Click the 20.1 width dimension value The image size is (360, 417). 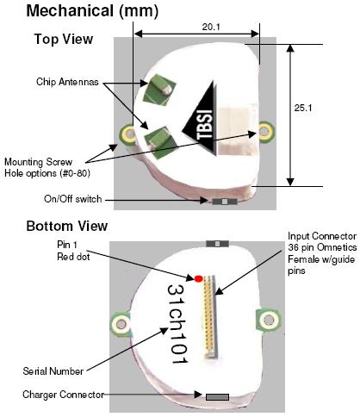point(211,27)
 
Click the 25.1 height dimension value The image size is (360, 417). point(303,108)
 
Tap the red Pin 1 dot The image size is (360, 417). point(198,278)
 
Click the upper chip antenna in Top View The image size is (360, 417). point(159,89)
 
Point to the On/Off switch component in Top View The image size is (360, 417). point(225,202)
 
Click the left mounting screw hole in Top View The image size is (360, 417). point(128,134)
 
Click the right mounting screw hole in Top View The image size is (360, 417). point(265,131)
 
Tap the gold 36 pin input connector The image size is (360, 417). point(210,316)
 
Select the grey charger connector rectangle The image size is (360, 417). point(217,397)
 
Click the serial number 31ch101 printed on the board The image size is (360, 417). point(177,324)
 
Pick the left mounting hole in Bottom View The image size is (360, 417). point(121,324)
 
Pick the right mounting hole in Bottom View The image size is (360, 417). point(268,320)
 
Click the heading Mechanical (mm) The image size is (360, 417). point(92,11)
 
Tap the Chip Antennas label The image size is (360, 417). point(67,82)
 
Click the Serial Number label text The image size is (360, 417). point(53,371)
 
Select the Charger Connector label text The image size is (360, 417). point(63,395)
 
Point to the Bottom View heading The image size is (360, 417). point(67,226)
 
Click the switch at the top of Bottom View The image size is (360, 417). point(217,244)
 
